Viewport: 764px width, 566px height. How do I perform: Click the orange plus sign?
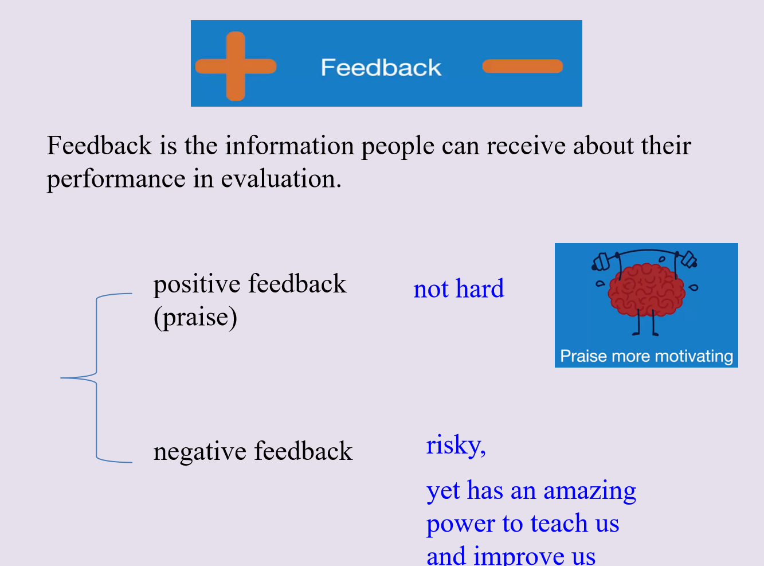236,66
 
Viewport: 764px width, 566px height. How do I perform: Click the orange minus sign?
523,66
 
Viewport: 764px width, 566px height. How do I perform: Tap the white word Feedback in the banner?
381,67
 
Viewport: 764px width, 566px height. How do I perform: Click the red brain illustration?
646,290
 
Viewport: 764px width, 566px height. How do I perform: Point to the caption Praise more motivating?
647,356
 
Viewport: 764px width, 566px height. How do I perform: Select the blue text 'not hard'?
459,288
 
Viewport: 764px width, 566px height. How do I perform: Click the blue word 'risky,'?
456,445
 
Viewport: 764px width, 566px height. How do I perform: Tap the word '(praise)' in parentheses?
195,318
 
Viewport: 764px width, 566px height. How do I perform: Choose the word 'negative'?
200,451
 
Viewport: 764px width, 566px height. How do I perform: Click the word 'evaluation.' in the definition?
281,179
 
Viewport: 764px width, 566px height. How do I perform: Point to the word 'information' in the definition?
289,146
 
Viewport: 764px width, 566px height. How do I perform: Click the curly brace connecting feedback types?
96,378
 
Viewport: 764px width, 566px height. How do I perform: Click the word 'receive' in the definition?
526,146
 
